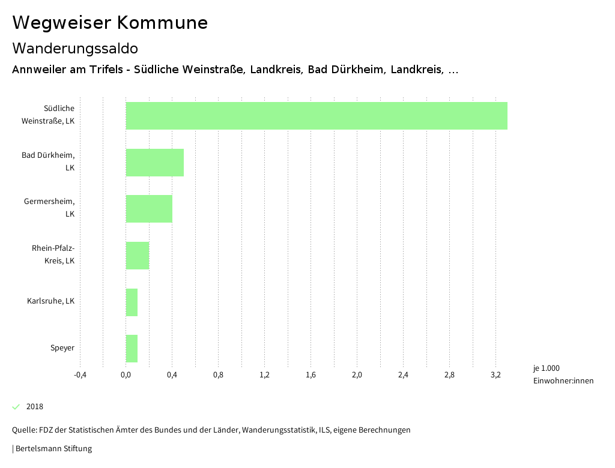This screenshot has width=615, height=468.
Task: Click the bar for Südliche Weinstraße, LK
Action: pos(317,116)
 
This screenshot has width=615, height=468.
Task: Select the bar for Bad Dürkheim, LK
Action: pos(154,162)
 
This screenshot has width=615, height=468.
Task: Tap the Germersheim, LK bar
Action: pos(149,209)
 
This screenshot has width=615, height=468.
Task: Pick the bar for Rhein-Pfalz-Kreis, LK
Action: pos(137,255)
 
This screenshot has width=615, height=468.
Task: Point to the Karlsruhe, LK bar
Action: pos(132,302)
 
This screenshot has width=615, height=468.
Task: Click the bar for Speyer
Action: pos(132,349)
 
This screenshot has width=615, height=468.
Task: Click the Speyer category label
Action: pos(62,348)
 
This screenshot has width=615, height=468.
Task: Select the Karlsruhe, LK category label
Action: pos(51,301)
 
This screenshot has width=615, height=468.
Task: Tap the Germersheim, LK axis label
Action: pos(49,208)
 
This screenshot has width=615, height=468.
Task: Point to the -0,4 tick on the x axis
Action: pos(80,375)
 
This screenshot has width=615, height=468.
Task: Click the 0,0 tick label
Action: pos(126,375)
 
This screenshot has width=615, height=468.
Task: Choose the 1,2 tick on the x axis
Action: pos(264,375)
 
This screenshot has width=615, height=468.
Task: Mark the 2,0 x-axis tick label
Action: pos(357,375)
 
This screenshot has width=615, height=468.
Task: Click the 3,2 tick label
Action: pos(495,375)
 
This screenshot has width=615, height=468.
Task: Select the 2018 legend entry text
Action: pos(35,407)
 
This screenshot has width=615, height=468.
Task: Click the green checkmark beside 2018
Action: pos(16,407)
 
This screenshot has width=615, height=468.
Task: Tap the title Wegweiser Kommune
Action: pos(110,23)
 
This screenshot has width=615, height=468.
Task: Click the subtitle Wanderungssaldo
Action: pos(75,48)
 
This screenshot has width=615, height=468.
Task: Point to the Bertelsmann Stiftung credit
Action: pos(52,449)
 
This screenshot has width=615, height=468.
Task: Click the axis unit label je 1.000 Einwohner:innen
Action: pos(563,374)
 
